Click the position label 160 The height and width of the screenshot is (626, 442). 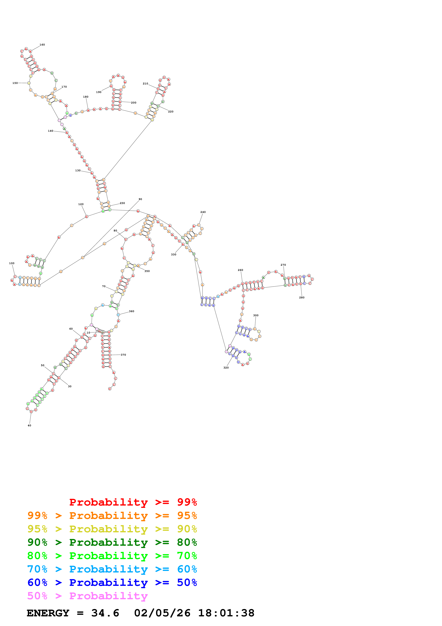click(42, 45)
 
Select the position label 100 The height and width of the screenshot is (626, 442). click(12, 263)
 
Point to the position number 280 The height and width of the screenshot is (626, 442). click(302, 297)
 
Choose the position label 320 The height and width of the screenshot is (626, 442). click(226, 368)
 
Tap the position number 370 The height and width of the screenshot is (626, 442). click(123, 355)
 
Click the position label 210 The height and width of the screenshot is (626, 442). click(145, 84)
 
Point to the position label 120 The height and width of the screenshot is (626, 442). click(81, 204)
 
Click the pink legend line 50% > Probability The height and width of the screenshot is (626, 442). click(87, 596)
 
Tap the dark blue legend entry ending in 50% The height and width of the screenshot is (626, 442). click(112, 582)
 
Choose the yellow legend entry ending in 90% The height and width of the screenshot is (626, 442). click(112, 529)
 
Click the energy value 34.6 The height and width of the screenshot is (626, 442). click(105, 613)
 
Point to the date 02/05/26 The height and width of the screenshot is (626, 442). click(162, 613)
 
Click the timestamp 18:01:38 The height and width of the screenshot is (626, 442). click(226, 613)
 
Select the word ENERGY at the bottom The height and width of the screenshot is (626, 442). click(48, 613)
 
